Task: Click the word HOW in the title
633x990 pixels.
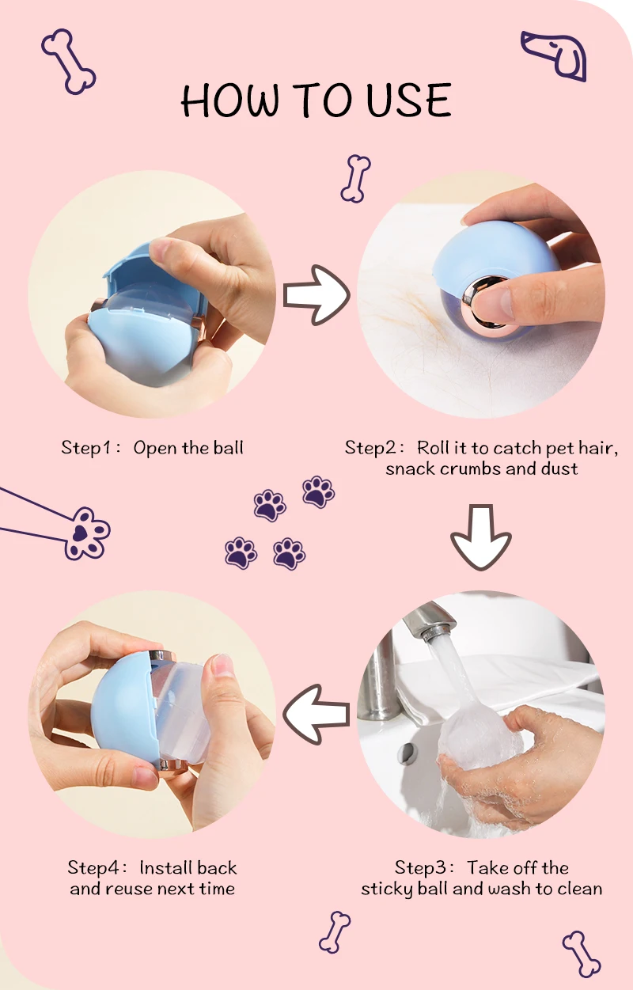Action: (231, 100)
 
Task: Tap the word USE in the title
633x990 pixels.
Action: (409, 100)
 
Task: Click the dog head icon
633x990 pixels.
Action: (555, 55)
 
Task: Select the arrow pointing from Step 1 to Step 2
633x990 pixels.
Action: (316, 295)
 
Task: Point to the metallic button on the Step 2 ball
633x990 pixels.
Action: (485, 302)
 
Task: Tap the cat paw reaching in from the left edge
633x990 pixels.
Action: (87, 533)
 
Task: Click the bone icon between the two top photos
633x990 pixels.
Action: (355, 178)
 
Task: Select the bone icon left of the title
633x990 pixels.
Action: (69, 62)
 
